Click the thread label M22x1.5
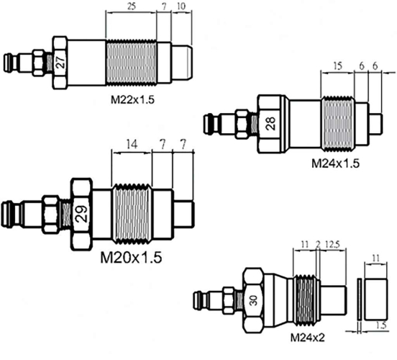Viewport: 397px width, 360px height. pos(132,99)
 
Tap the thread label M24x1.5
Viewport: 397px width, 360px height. pos(335,163)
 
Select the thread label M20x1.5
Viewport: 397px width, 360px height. pos(131,257)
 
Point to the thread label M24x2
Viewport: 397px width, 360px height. pos(307,338)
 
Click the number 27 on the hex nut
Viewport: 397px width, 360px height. pos(60,61)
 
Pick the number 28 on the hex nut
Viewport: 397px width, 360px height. pos(270,123)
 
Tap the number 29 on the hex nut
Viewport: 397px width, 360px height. pos(82,213)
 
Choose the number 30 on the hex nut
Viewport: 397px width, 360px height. pos(253,300)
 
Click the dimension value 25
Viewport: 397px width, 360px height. pos(131,6)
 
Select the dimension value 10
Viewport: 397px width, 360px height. pos(181,6)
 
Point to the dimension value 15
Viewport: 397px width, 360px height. pos(337,66)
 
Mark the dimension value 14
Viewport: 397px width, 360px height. pos(132,145)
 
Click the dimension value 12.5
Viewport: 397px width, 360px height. pos(332,244)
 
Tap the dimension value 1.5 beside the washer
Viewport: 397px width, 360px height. pos(381,325)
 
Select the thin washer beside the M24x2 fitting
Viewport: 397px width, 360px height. pos(359,299)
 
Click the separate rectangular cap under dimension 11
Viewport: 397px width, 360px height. pos(375,299)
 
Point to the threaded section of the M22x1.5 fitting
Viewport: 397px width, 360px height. pos(131,63)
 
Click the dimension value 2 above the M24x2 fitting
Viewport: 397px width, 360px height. pos(318,245)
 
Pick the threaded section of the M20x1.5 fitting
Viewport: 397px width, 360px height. pos(132,213)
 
